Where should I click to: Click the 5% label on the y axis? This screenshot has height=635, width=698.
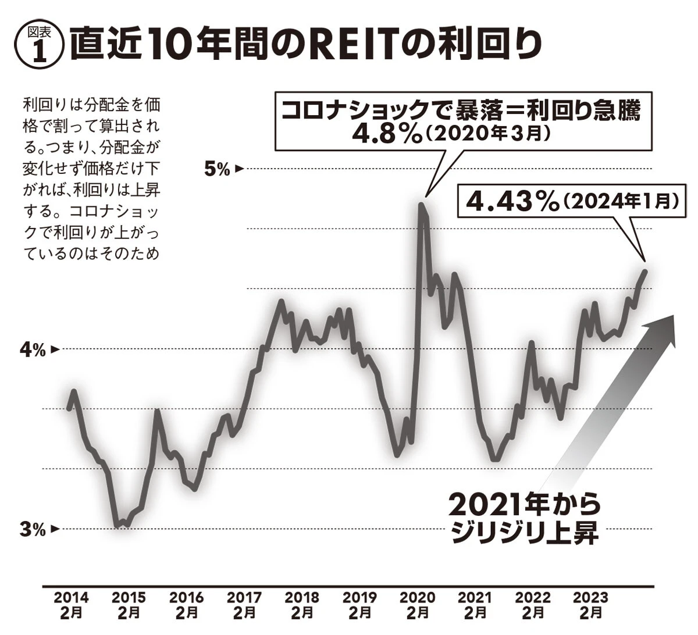click(x=216, y=169)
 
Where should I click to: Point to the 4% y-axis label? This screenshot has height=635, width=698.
click(x=32, y=349)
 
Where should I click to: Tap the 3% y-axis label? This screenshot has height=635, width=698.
click(x=32, y=529)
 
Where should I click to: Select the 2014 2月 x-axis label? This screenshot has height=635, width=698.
click(x=71, y=605)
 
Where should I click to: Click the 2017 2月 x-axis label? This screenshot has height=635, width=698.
click(x=244, y=605)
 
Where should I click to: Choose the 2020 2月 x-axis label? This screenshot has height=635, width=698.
click(x=418, y=605)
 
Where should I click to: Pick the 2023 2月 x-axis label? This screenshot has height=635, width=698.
click(x=590, y=605)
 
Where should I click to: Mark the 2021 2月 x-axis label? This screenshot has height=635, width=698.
click(x=475, y=605)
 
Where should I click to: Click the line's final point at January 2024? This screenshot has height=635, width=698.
click(x=645, y=271)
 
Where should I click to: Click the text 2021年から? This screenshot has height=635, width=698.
click(x=524, y=504)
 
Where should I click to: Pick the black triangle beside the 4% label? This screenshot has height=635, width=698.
click(x=55, y=349)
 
